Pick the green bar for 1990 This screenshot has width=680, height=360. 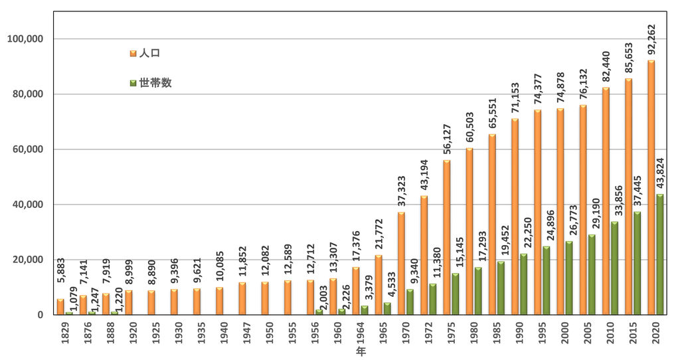click(x=523, y=284)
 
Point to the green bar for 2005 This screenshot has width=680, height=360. click(x=591, y=274)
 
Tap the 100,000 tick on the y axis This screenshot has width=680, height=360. click(x=25, y=39)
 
